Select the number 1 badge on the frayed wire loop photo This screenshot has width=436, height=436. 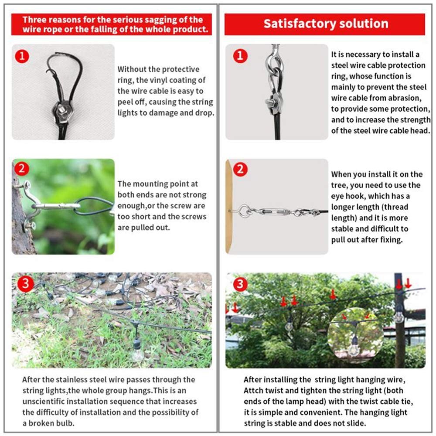point(22,56)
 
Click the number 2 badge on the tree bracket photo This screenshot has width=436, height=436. point(22,168)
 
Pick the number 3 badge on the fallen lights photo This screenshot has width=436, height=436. point(25,284)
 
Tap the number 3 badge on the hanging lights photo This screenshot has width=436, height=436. point(240,284)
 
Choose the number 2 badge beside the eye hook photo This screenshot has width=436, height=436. point(241,169)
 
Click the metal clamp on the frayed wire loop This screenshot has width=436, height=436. point(61,111)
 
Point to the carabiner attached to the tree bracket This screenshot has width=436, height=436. point(56,206)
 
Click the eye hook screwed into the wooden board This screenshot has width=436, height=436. point(242,210)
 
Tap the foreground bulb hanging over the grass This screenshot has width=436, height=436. point(138,353)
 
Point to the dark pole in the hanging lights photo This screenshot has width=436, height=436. point(399,320)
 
